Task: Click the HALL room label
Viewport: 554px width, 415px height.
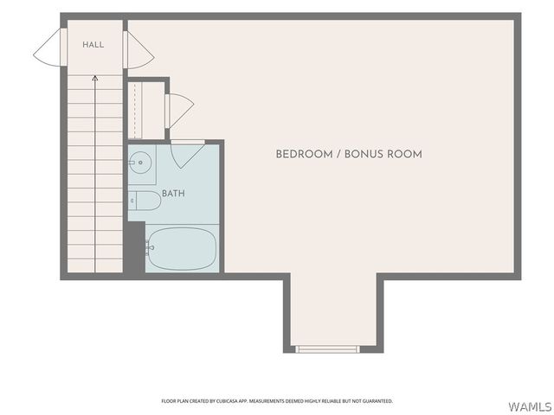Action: tap(93, 45)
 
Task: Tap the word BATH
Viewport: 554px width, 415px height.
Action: tap(173, 194)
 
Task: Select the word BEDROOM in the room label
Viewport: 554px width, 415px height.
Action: tap(304, 154)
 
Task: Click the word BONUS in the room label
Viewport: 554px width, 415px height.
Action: tap(364, 154)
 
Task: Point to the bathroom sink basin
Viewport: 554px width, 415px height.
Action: tap(140, 163)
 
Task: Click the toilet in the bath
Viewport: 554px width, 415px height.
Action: tap(145, 201)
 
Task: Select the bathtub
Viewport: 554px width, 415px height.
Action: tap(182, 249)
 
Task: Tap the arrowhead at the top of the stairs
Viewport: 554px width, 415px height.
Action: tap(94, 79)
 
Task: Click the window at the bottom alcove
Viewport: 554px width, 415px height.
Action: tap(327, 349)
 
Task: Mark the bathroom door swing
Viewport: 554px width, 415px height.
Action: tap(187, 155)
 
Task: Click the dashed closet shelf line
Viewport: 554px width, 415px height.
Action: tap(135, 111)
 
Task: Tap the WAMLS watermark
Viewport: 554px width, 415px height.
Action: tap(530, 407)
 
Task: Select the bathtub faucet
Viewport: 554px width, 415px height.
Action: tap(150, 248)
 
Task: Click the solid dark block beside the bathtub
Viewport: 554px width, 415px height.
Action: tap(134, 247)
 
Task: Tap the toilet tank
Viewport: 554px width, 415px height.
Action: tap(132, 201)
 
